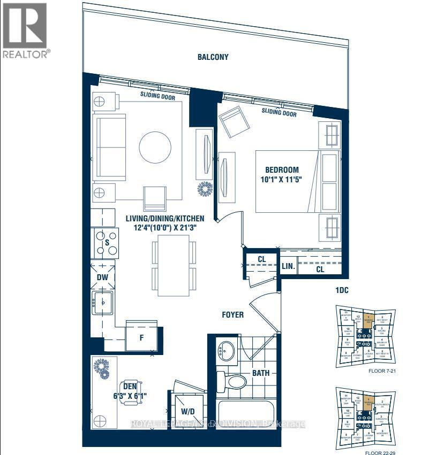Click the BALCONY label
(x=213, y=57)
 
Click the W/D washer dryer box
(x=188, y=411)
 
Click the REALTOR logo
(x=26, y=30)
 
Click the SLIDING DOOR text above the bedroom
(x=279, y=112)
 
